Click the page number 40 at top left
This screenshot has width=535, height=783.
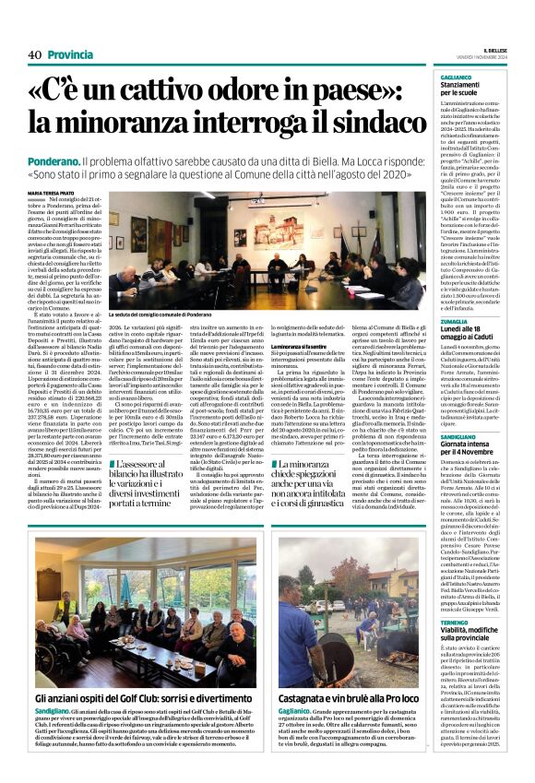(x=34, y=54)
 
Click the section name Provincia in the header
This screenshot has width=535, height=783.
(x=70, y=54)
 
